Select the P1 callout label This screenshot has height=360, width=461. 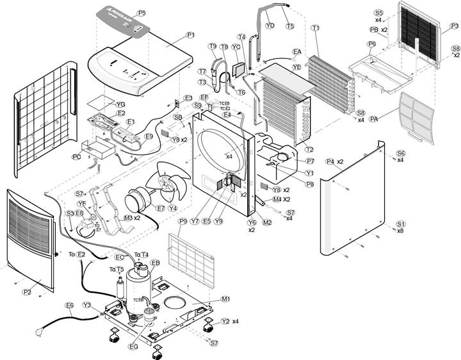[x=190, y=35]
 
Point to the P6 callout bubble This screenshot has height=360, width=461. [x=372, y=44]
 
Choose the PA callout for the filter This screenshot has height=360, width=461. [x=374, y=119]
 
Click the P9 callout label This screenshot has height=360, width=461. [x=183, y=221]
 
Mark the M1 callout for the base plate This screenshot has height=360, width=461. [x=225, y=299]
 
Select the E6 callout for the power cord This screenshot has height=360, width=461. [x=69, y=305]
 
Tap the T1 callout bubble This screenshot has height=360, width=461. [x=315, y=28]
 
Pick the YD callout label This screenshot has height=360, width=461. [x=270, y=26]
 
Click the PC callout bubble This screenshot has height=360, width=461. [x=76, y=156]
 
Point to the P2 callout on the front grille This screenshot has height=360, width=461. [x=27, y=291]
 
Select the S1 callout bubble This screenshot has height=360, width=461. [x=401, y=224]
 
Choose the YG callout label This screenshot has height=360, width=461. [x=120, y=104]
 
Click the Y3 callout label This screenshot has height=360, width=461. [x=86, y=305]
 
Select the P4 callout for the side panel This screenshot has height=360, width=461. [x=330, y=161]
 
